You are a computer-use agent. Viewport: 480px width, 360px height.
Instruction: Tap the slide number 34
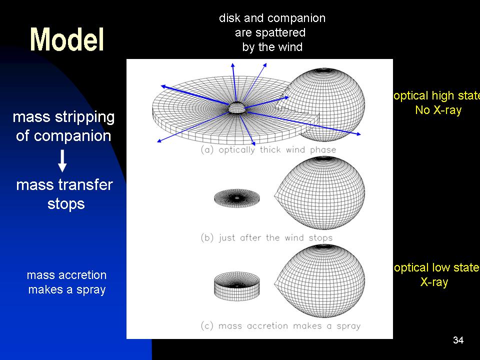[x=458, y=340]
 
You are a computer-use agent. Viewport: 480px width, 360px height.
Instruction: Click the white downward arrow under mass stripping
[x=62, y=160]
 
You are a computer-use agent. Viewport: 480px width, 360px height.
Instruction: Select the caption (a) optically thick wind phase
[x=268, y=149]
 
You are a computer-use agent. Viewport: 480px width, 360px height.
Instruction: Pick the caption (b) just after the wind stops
[x=266, y=237]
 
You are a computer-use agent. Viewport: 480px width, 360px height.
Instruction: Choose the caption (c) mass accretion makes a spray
[x=280, y=325]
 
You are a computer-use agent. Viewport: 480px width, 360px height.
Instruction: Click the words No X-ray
[x=438, y=110]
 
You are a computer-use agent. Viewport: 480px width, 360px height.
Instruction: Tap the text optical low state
[x=437, y=268]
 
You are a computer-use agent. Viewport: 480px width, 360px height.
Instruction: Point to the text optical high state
[x=437, y=96]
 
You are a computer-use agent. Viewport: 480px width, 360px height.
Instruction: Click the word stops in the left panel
[x=66, y=204]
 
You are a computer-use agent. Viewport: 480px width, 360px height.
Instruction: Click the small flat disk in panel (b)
[x=236, y=198]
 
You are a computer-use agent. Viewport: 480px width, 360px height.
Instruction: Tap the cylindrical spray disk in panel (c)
[x=236, y=286]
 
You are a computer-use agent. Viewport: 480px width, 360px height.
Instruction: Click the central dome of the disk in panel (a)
[x=237, y=108]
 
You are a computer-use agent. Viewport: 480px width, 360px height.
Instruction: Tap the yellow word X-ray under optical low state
[x=434, y=282]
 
